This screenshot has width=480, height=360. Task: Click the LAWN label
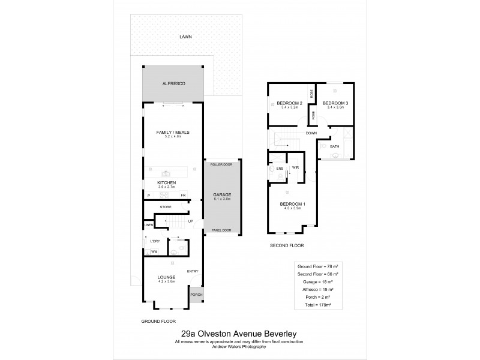coord(185,37)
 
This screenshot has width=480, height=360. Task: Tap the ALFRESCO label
coord(173,84)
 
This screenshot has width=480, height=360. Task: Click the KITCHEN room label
coord(166,182)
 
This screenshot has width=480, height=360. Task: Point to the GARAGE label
coord(222,196)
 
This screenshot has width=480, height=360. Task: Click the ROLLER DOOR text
coord(221,164)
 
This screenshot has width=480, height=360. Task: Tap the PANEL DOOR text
coord(221,230)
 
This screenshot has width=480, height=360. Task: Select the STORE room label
coord(166,208)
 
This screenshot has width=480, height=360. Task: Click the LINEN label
coord(148,225)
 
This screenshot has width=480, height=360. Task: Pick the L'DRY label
coord(155,241)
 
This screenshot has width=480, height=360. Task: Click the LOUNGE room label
coord(167,277)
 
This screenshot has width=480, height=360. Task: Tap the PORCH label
coord(196,295)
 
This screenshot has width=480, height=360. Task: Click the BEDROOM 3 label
coord(335,103)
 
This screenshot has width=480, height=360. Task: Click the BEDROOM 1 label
coord(293,205)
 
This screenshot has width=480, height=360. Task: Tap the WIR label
coord(295,168)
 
